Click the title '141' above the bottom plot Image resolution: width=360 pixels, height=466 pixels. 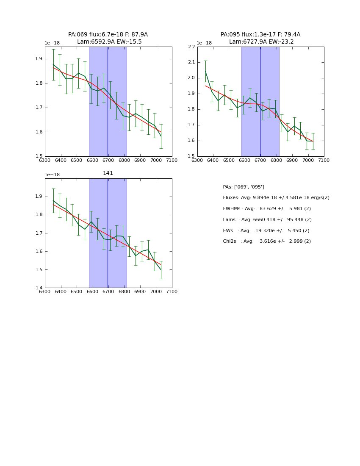(108, 173)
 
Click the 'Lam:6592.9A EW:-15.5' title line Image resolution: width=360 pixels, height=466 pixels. (109, 42)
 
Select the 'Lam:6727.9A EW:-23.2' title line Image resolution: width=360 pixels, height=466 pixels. (261, 42)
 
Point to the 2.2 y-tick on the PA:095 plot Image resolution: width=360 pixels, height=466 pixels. (191, 47)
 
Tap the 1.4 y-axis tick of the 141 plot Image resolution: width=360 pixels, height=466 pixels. (39, 288)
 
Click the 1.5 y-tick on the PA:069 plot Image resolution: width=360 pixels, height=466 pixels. (39, 156)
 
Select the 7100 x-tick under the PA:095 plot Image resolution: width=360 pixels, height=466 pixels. (324, 160)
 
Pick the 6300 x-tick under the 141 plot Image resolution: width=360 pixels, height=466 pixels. (45, 291)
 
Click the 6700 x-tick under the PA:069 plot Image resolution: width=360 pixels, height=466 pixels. (108, 160)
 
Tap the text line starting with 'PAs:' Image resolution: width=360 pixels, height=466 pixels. (243, 187)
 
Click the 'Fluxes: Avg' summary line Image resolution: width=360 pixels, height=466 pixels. (276, 198)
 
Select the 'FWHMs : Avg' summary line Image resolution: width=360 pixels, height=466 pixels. (267, 209)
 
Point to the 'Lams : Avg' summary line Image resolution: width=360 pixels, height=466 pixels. (267, 220)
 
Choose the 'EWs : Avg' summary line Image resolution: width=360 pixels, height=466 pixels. (266, 230)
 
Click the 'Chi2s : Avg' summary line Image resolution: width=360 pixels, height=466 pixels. (267, 241)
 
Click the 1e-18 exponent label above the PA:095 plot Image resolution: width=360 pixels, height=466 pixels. (204, 43)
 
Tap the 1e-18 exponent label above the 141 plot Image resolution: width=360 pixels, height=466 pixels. (52, 175)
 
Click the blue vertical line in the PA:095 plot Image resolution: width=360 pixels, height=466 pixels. (260, 102)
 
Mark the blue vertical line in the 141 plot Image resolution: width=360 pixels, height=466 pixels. (108, 233)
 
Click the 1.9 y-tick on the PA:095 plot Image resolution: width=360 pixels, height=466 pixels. (191, 94)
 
